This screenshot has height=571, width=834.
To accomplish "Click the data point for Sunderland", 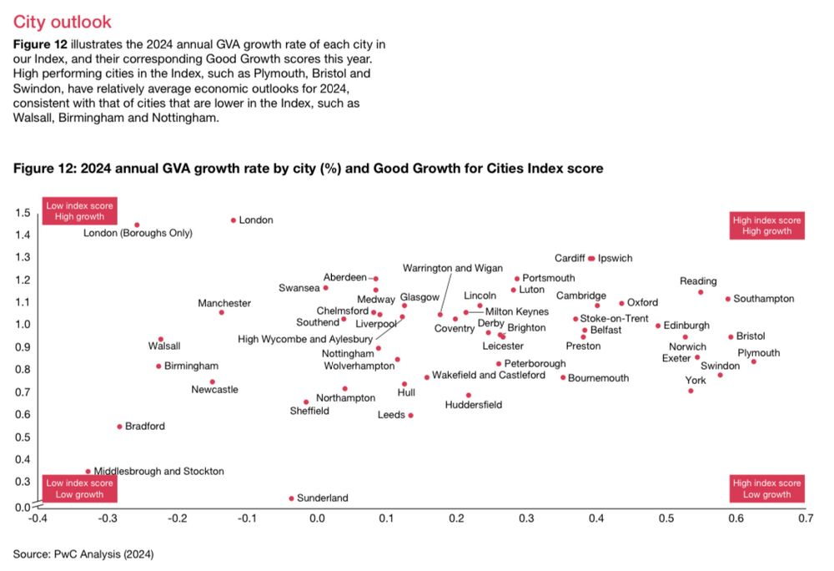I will tap(291, 498).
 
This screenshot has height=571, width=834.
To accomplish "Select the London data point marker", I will tap(234, 220).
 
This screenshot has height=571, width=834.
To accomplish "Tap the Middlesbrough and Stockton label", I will tap(158, 472).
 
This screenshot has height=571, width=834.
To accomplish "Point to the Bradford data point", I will tap(119, 427).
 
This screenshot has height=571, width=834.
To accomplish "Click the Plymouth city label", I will tap(758, 353).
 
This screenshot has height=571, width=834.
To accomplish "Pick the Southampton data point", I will tap(727, 299).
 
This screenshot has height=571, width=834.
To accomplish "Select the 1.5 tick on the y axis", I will tap(23, 212).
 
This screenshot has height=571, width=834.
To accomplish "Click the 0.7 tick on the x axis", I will tap(805, 518).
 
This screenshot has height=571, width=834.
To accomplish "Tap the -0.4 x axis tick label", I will tap(38, 518).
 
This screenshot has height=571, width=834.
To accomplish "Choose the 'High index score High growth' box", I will tap(766, 225).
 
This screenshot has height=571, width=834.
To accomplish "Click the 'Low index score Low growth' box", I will tap(79, 489).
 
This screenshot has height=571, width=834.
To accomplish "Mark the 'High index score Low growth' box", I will tap(766, 489).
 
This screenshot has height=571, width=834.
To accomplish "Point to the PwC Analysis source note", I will tap(83, 553).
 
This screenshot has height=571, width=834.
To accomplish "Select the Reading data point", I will tap(701, 292).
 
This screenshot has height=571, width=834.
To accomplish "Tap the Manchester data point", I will tap(221, 312).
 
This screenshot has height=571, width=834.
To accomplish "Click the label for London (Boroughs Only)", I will tap(138, 233).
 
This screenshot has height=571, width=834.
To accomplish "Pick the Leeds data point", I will tap(410, 415).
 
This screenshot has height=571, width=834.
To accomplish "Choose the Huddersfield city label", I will tap(474, 405).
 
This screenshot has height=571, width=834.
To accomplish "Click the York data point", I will tap(691, 391).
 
